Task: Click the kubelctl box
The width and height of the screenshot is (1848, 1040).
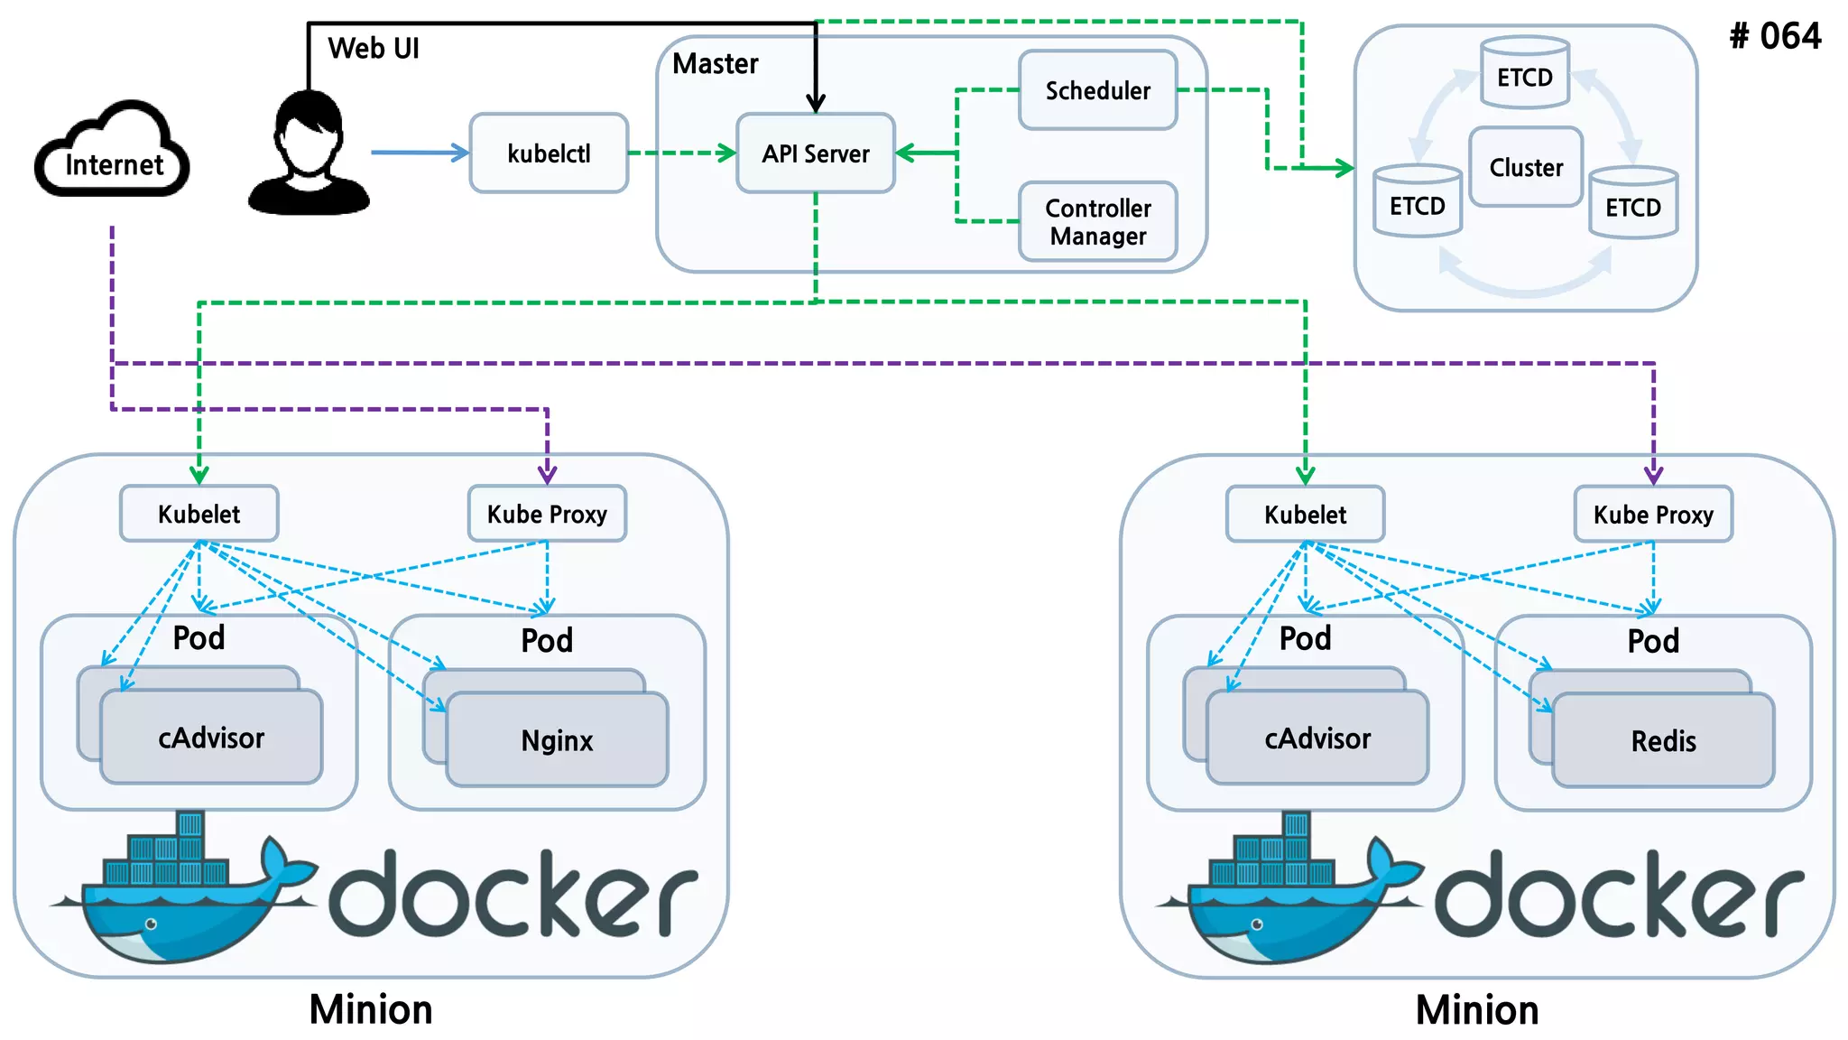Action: (x=549, y=153)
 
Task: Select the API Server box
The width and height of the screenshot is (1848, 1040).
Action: (x=816, y=153)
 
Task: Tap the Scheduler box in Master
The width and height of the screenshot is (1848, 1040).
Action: (x=1097, y=90)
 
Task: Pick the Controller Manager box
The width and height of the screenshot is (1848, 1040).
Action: (x=1097, y=222)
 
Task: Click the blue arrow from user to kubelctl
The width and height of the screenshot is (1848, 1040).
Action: (x=419, y=153)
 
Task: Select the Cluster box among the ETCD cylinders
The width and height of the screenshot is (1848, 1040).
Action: (x=1525, y=168)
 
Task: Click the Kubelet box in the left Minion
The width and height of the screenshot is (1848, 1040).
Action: (x=199, y=515)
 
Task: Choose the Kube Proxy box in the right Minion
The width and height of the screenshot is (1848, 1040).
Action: (x=1653, y=515)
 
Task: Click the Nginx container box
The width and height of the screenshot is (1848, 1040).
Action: (x=558, y=740)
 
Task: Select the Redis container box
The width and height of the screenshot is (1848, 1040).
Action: (x=1663, y=741)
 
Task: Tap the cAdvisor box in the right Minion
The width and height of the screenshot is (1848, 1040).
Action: (x=1317, y=738)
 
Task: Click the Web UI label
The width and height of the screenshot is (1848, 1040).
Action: (x=374, y=48)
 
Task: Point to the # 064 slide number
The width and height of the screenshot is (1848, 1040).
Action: (x=1775, y=36)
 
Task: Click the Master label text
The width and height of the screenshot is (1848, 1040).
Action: (x=716, y=63)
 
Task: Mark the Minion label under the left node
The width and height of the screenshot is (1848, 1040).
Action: (x=371, y=1009)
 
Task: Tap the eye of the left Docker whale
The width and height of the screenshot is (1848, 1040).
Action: (x=152, y=924)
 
